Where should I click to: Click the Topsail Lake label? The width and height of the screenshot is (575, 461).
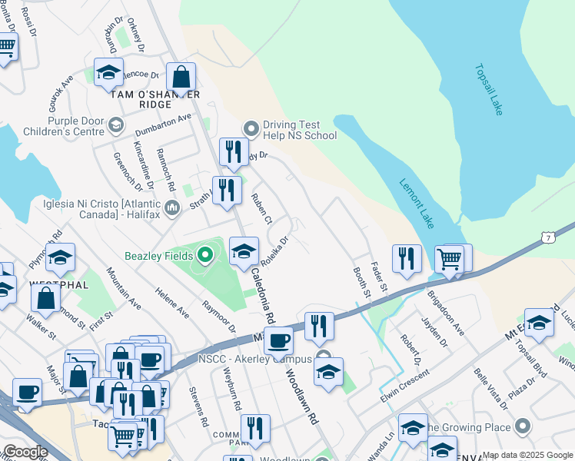[x=488, y=90]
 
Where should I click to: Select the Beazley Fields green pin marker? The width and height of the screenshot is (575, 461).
[x=204, y=254]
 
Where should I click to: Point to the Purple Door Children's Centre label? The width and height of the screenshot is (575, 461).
[x=65, y=126]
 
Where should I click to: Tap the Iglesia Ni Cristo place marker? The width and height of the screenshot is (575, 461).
[x=172, y=207]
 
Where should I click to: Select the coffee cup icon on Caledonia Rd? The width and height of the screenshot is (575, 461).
[x=278, y=340]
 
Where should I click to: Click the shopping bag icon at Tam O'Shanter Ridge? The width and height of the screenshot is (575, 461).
[x=181, y=77]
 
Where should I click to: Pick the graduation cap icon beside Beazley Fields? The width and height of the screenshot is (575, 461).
[x=244, y=251]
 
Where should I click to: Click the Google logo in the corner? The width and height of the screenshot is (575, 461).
[x=25, y=452]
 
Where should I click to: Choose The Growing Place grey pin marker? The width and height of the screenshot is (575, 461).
[x=523, y=426]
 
